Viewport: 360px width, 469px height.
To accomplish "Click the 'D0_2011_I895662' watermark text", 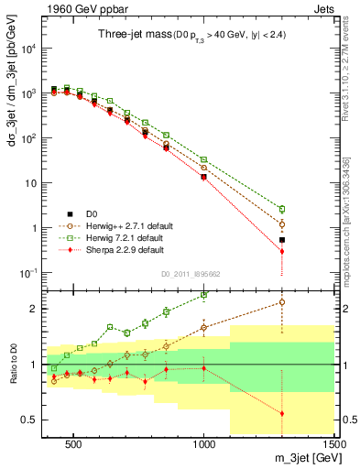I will coord(190,273).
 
